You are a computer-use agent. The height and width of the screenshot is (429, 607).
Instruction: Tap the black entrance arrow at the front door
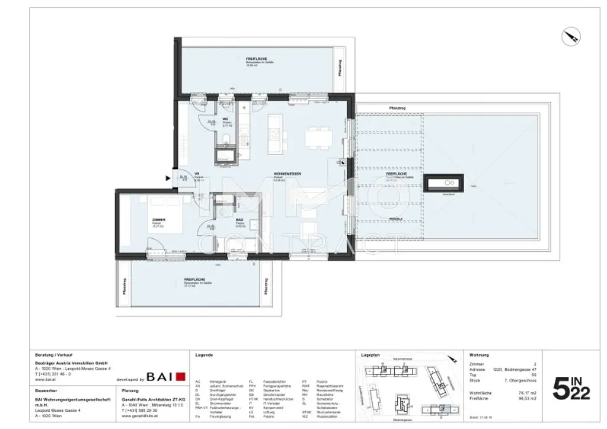[167, 177]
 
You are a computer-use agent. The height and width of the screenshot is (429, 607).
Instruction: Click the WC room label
[225, 120]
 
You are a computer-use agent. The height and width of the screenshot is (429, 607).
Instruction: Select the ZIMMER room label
[158, 220]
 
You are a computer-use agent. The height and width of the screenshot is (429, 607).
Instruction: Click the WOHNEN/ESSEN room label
[287, 173]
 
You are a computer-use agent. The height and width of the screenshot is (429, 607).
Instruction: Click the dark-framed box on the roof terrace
[443, 183]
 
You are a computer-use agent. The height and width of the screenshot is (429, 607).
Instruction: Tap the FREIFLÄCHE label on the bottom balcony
[194, 280]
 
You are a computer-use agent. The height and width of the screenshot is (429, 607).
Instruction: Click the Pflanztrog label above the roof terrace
[397, 107]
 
